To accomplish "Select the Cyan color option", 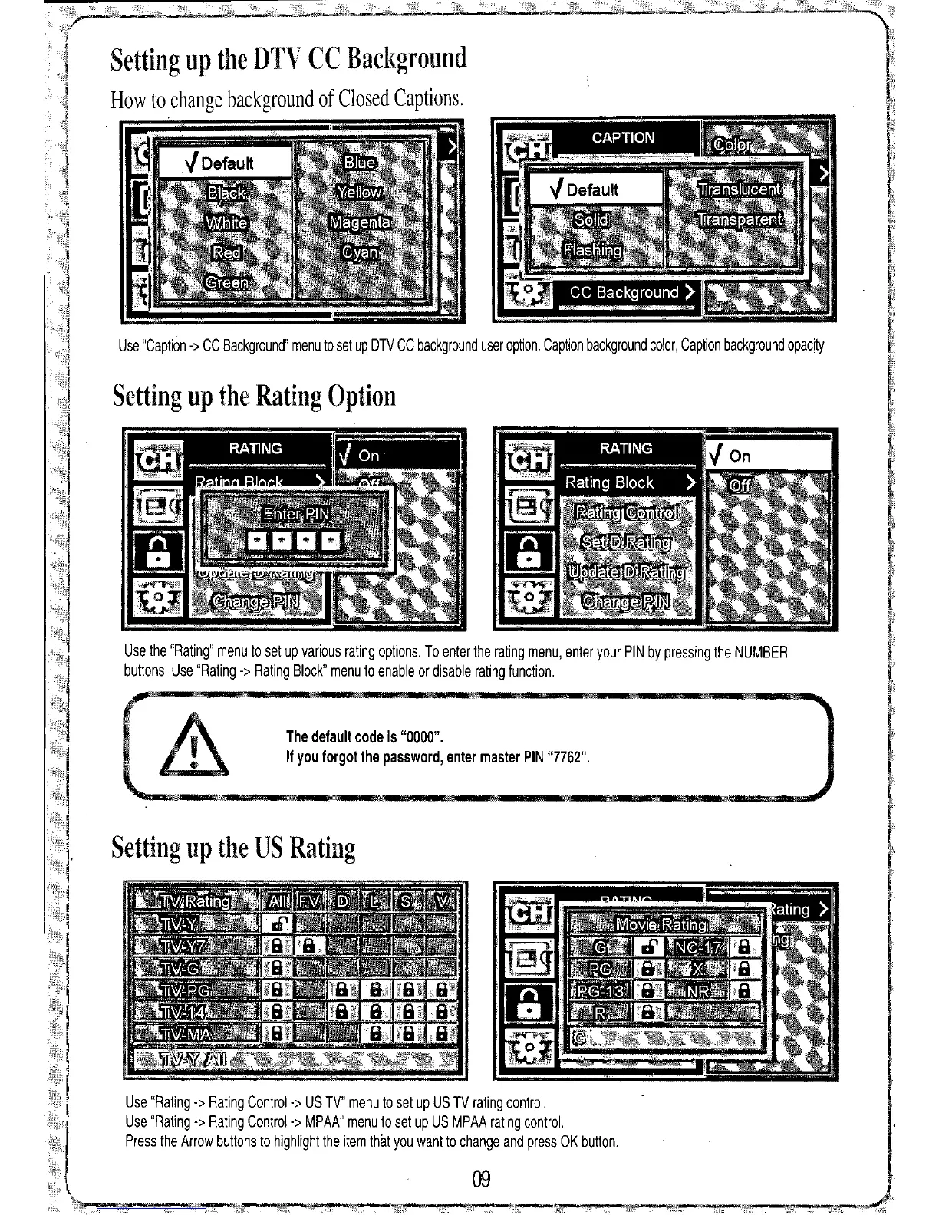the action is point(360,252).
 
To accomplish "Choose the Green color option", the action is point(226,282).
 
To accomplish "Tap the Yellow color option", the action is point(360,192).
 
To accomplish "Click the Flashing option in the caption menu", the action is point(593,251).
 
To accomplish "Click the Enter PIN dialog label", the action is point(296,513).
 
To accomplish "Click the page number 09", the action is point(481,1178).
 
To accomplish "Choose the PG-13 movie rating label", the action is point(601,991).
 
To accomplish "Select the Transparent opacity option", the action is point(740,220).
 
